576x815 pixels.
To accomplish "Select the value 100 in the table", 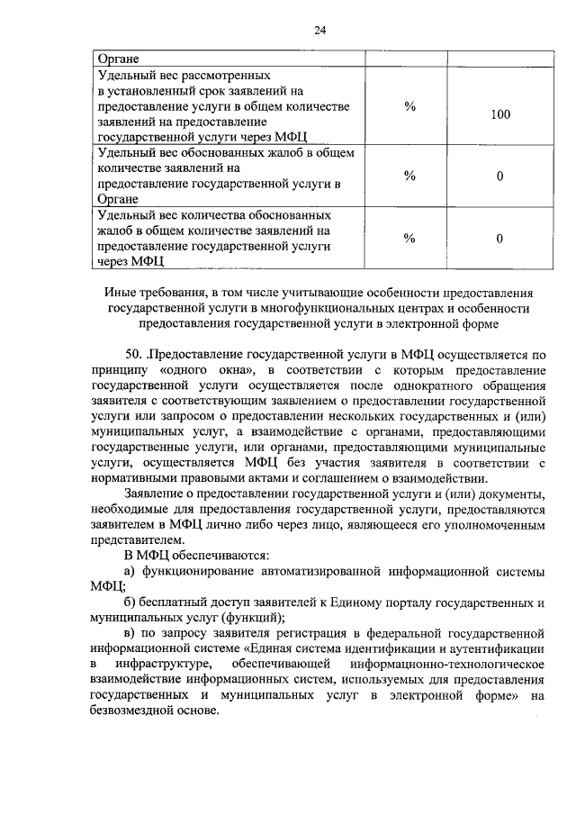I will pos(500,114).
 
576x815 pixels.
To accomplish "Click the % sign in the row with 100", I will pos(409,106).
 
